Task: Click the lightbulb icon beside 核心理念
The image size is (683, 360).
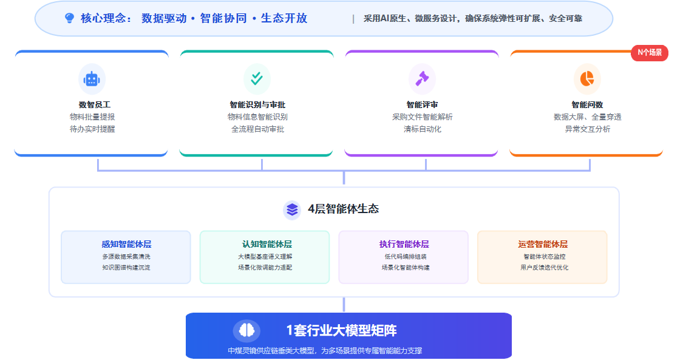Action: pos(69,18)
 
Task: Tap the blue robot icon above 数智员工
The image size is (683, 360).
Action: pos(92,79)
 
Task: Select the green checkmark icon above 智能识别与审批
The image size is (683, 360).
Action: pos(257,78)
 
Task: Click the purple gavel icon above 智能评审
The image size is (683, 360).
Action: pos(422,78)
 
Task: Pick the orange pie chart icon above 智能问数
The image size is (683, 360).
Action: pos(586,78)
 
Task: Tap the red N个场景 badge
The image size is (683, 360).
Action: pos(650,53)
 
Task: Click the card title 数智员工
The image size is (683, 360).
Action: pos(95,105)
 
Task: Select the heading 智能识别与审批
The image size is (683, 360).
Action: pos(257,105)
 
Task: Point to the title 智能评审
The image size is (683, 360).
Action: pos(422,105)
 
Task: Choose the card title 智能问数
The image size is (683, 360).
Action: pos(587,105)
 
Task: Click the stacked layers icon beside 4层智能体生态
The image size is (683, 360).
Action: pos(292,209)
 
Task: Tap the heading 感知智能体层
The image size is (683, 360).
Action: pos(126,244)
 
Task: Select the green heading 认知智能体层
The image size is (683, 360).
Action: pos(267,244)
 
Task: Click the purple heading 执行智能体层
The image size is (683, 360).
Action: pos(404,244)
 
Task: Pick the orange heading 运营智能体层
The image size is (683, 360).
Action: pos(543,244)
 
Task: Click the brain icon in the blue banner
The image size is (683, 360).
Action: pos(246,330)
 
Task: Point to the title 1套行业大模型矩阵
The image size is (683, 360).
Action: pos(341,330)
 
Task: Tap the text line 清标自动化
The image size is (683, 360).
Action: pos(422,129)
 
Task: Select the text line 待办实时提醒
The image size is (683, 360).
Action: pos(92,129)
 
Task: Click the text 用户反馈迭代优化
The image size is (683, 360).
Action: pos(544,268)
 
